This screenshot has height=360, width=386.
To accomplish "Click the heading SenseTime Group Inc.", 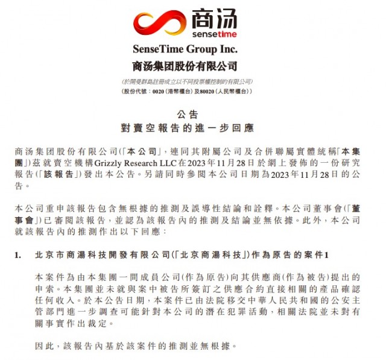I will pos(185,49).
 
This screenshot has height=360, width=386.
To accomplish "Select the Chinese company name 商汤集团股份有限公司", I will pos(185,66).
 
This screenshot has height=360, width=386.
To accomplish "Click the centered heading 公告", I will pos(185,113).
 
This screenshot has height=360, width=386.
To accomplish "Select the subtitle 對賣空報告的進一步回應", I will pos(185,128).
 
